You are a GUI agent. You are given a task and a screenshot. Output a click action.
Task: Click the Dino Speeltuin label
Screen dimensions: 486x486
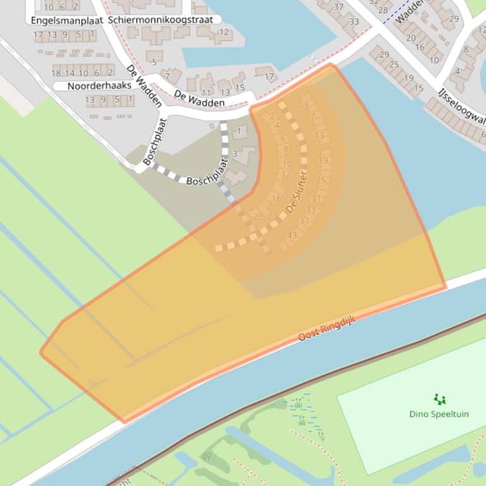(439, 415)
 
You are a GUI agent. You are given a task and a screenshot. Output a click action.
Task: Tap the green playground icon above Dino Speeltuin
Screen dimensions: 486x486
(440, 399)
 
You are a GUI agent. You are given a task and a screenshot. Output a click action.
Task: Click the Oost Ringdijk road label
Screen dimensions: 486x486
(327, 329)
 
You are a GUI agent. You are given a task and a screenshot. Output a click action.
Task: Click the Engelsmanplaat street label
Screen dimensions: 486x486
(67, 20)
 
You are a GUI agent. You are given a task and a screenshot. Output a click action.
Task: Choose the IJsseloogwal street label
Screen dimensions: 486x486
(461, 109)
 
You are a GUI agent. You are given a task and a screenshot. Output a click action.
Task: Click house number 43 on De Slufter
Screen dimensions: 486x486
(292, 235)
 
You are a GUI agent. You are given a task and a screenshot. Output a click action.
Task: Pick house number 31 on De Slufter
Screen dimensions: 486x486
(316, 198)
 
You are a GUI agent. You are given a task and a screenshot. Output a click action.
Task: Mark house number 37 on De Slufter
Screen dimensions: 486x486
(304, 221)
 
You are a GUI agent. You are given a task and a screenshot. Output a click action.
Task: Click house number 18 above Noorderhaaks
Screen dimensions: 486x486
(56, 73)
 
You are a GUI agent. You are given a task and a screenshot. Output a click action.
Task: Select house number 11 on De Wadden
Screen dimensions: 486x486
(206, 93)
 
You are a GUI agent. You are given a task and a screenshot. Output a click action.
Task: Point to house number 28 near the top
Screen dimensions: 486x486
(383, 10)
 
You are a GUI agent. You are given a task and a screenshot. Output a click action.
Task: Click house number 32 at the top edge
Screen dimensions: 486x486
(374, 3)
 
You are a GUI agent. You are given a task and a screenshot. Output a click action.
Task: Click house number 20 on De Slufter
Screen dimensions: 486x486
(258, 216)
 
